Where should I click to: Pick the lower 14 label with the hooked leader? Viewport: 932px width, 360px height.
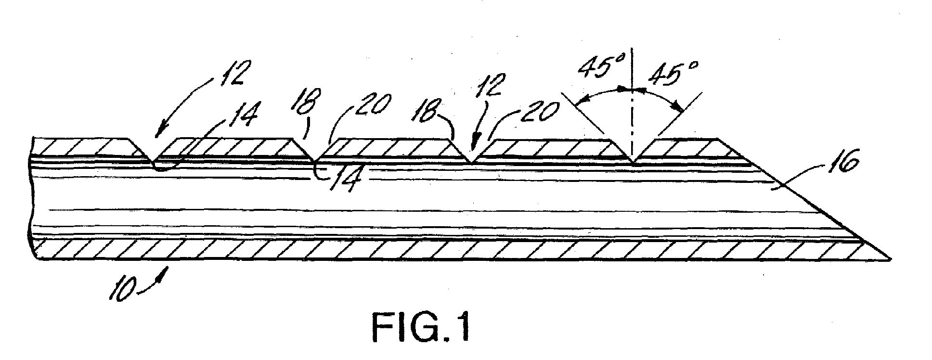pyautogui.click(x=344, y=180)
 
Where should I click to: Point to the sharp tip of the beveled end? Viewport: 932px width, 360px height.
pyautogui.click(x=887, y=260)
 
